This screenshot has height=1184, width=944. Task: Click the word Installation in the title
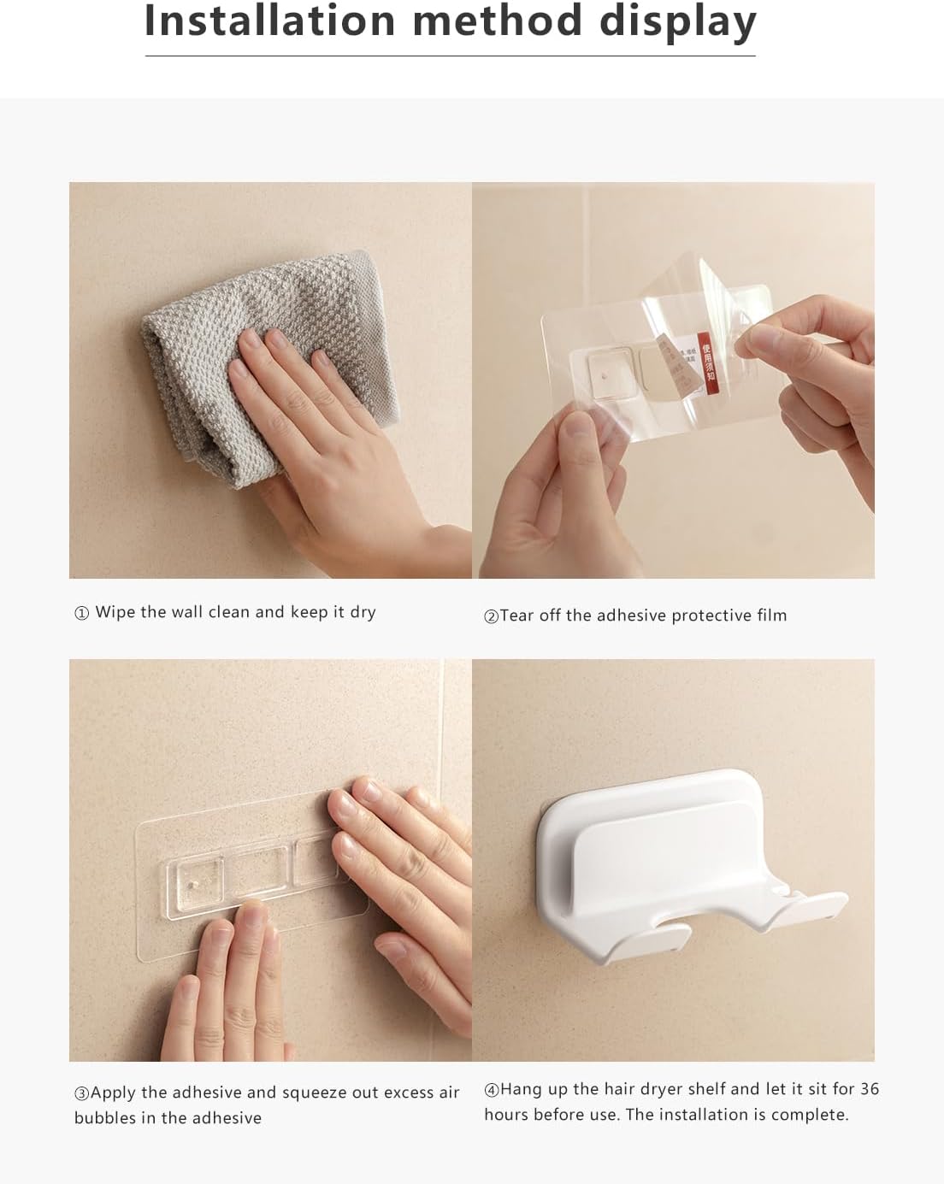pyautogui.click(x=270, y=21)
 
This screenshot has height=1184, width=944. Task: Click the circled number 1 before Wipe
pyautogui.click(x=82, y=613)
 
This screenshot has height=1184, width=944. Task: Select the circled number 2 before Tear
pyautogui.click(x=491, y=616)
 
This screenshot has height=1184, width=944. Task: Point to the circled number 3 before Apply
pyautogui.click(x=81, y=1093)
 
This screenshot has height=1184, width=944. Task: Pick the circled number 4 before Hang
pyautogui.click(x=491, y=1090)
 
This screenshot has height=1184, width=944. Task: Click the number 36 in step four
pyautogui.click(x=869, y=1089)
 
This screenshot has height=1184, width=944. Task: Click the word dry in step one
pyautogui.click(x=363, y=612)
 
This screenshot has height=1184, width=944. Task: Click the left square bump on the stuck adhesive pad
pyautogui.click(x=196, y=874)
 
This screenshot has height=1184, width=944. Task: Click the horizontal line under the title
pyautogui.click(x=450, y=56)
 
